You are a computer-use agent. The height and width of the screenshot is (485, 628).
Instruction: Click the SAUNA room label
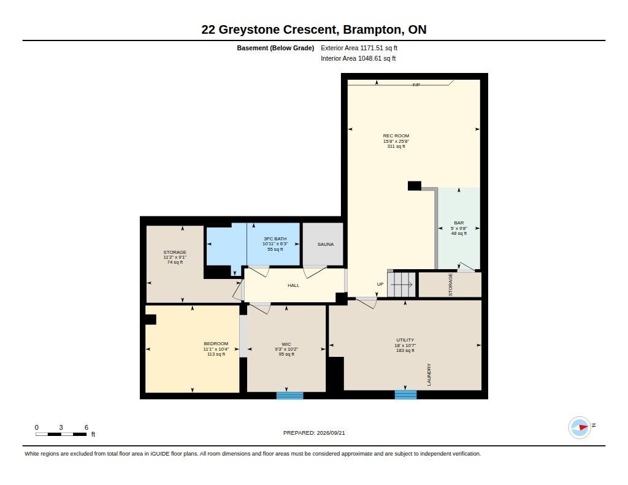tap(325, 244)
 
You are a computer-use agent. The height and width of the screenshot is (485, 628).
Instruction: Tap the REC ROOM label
tap(396, 136)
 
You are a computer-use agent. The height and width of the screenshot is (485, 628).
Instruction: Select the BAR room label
tap(459, 223)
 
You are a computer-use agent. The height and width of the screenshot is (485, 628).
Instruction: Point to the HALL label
tap(294, 286)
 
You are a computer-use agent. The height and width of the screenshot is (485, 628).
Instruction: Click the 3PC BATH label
tap(275, 239)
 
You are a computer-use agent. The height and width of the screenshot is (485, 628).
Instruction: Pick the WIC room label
tap(286, 345)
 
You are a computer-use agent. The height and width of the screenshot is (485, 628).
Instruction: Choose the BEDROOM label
tap(216, 343)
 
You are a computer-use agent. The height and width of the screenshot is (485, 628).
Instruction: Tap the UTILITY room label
tap(405, 340)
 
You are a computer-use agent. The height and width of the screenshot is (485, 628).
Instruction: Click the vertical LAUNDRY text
tap(429, 375)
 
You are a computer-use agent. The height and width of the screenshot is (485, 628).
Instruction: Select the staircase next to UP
tap(402, 285)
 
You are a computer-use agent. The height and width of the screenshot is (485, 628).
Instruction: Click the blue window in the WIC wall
tap(290, 395)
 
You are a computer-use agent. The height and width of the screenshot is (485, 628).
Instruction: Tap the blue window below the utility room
tap(406, 395)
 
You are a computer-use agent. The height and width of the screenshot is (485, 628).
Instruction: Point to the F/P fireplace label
tap(416, 85)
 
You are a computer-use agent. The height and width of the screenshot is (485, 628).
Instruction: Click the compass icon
tap(580, 427)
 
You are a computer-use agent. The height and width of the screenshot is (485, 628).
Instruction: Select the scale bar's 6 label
tap(86, 427)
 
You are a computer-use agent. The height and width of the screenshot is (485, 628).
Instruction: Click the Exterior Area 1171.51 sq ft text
tap(359, 48)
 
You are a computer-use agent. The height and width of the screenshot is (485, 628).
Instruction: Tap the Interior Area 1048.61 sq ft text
tap(358, 58)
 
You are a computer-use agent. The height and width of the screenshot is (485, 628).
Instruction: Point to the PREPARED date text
tap(314, 433)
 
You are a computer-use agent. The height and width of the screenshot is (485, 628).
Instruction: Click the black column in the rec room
tap(415, 186)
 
